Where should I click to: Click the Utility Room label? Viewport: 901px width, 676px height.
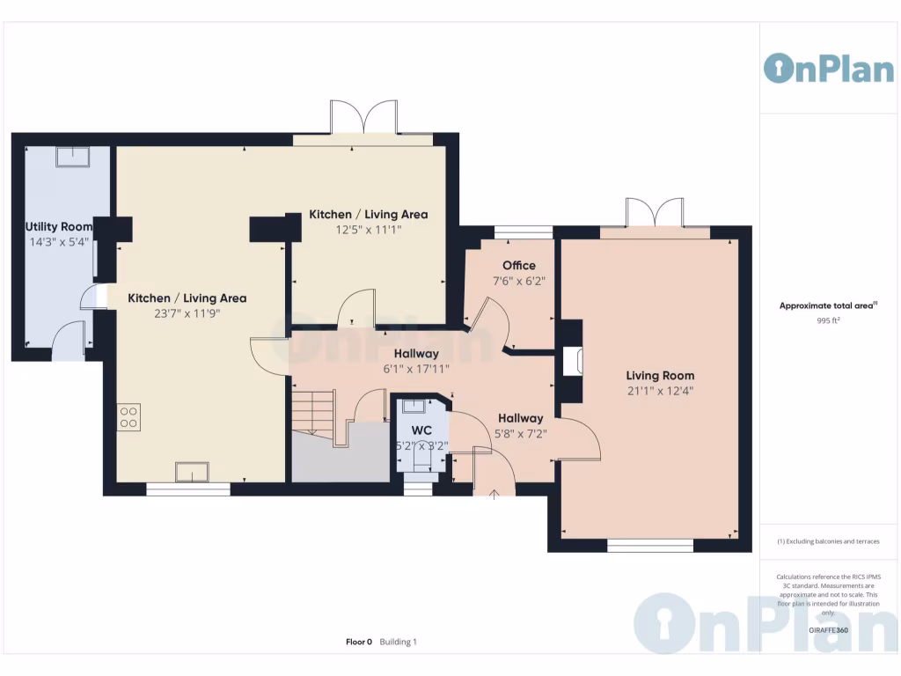(x=59, y=227)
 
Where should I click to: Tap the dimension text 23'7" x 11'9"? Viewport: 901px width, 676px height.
(x=187, y=312)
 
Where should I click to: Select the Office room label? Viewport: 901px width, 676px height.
(x=519, y=266)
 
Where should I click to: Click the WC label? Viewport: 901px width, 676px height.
(x=422, y=430)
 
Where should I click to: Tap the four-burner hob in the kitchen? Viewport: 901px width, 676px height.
(x=128, y=416)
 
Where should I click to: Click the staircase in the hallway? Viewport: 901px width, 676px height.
(x=314, y=411)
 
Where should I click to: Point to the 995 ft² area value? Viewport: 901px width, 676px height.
(x=828, y=321)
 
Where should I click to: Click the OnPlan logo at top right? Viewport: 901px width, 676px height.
(x=828, y=68)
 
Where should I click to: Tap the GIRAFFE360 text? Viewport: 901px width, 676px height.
(x=828, y=630)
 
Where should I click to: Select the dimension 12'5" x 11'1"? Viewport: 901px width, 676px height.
(x=368, y=230)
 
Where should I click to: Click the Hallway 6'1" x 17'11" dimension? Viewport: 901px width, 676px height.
(x=416, y=369)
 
